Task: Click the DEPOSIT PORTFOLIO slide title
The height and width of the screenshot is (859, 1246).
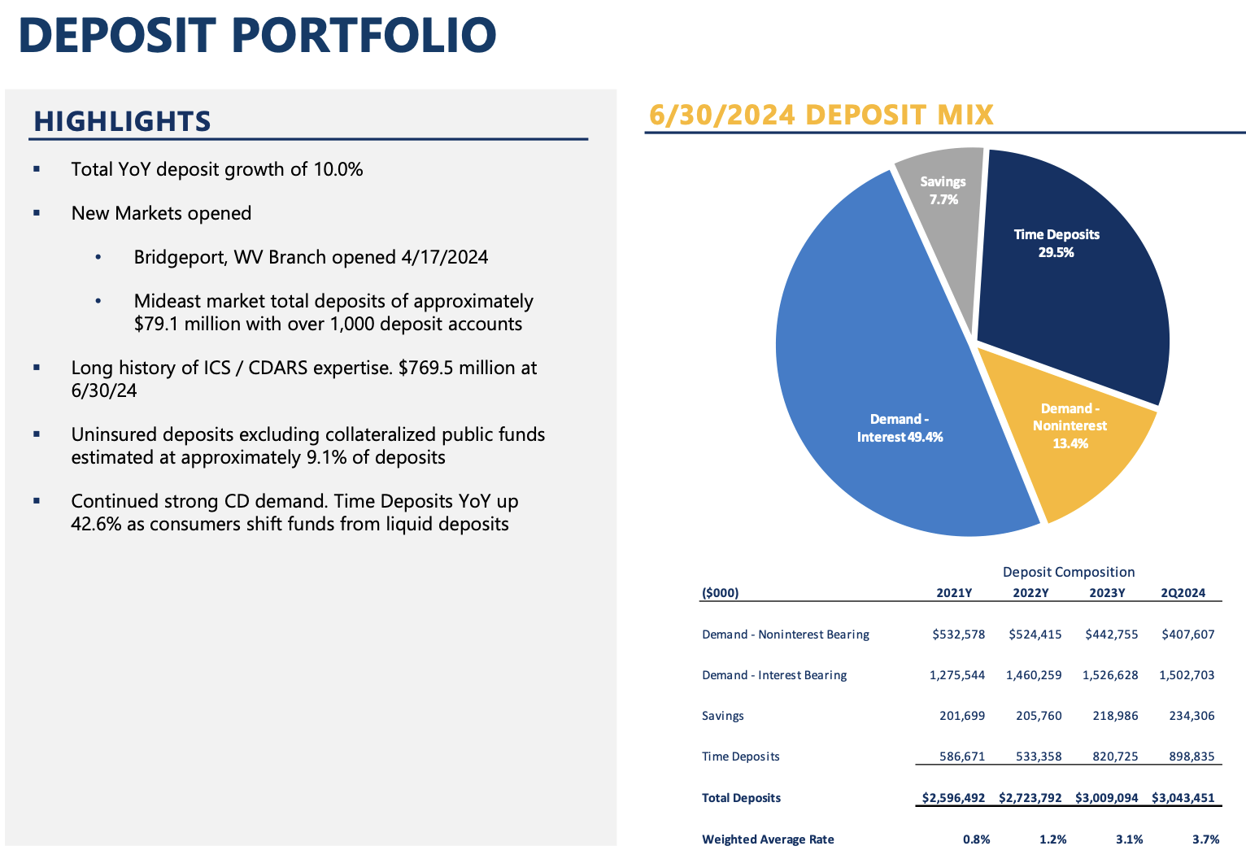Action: (257, 35)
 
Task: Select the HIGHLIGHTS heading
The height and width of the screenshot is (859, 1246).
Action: (122, 121)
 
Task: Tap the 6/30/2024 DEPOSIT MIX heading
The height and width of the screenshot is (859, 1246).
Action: (821, 115)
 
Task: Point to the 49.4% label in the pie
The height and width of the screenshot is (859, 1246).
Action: (925, 438)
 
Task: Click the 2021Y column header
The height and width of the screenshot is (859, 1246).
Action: (954, 593)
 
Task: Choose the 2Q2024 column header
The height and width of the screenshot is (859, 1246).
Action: (1183, 593)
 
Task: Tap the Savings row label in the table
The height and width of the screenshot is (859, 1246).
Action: (723, 716)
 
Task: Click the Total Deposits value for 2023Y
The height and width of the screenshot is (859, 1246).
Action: (1107, 798)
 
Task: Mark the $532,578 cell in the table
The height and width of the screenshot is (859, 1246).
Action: (959, 634)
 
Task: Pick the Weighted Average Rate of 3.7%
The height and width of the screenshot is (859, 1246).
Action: (1205, 839)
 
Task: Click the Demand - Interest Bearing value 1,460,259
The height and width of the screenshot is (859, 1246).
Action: (1034, 675)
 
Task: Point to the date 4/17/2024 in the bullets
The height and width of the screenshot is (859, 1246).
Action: (445, 258)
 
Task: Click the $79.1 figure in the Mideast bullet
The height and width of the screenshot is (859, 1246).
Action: (157, 325)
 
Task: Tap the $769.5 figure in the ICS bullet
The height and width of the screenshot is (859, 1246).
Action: (422, 368)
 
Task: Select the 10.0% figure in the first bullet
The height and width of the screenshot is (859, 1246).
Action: (338, 170)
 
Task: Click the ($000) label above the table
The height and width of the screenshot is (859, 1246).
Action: (721, 593)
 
